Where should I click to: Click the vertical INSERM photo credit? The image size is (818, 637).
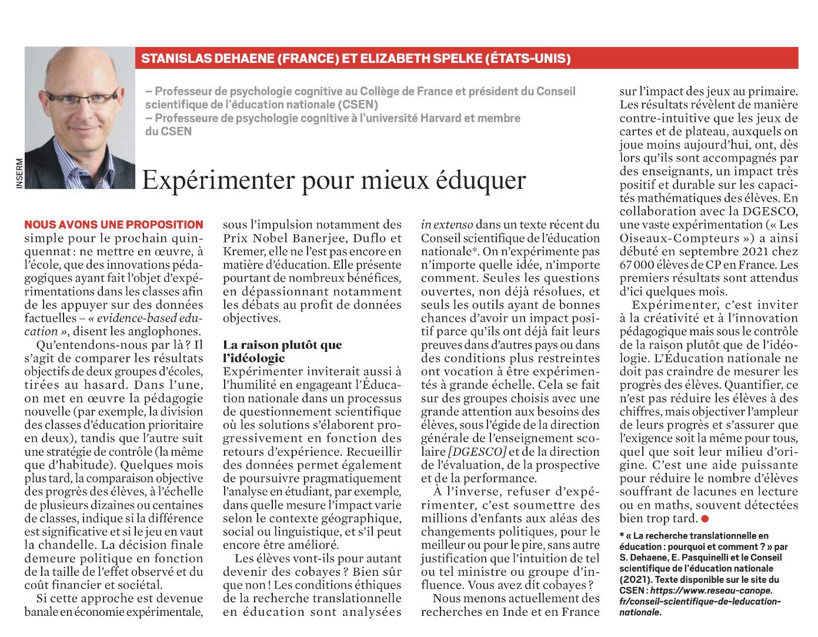pyautogui.click(x=19, y=174)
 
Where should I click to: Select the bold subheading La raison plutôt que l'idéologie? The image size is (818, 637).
pyautogui.click(x=282, y=351)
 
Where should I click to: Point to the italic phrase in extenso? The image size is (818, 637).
pyautogui.click(x=446, y=225)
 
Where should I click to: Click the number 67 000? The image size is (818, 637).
pyautogui.click(x=640, y=265)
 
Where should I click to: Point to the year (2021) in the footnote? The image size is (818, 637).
pyautogui.click(x=635, y=579)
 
